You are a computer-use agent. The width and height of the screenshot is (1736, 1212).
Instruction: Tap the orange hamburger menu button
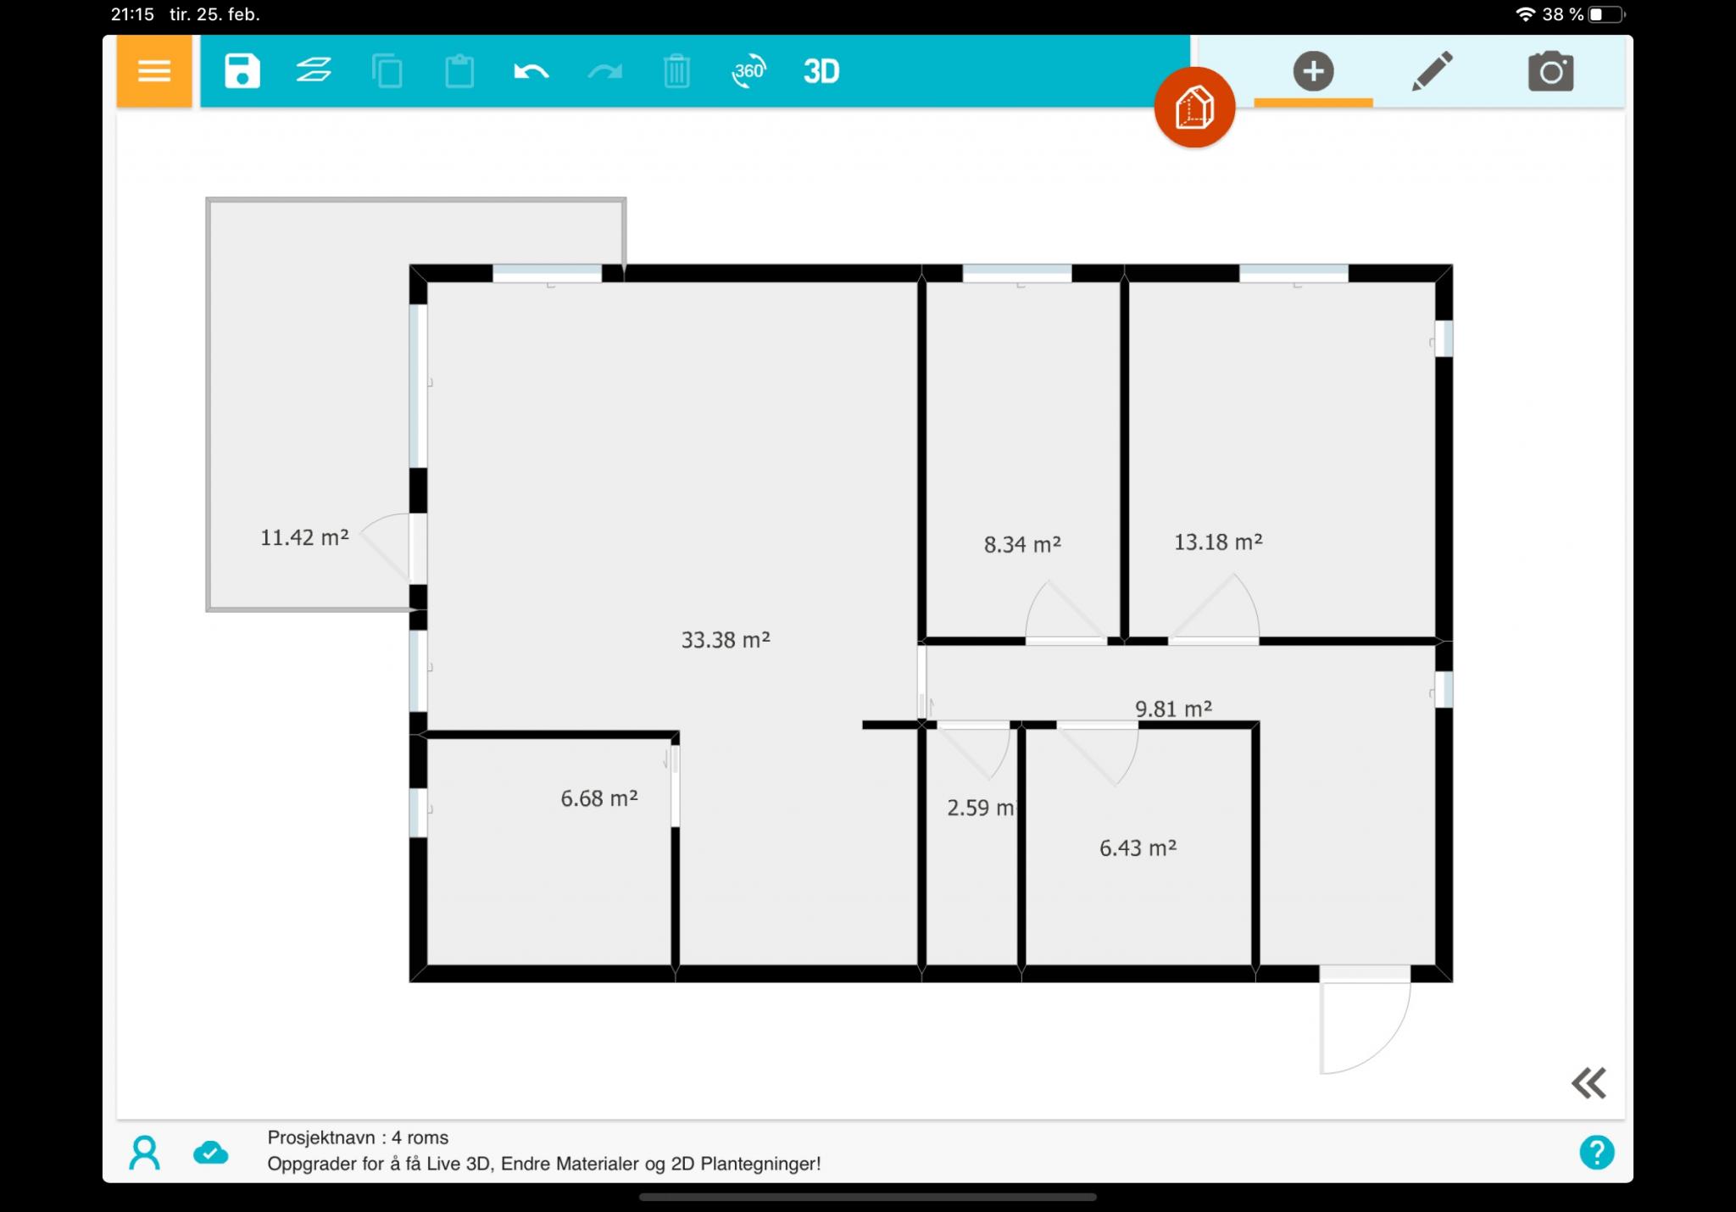(x=154, y=71)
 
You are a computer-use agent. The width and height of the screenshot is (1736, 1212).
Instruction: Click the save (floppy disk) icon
(x=242, y=71)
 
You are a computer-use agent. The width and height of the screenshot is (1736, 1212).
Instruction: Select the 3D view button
(x=821, y=72)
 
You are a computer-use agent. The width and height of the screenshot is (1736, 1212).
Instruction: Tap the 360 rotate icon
(x=748, y=72)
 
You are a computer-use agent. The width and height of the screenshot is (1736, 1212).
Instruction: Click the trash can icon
(x=676, y=71)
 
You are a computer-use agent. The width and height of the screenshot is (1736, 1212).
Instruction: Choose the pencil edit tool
(x=1433, y=71)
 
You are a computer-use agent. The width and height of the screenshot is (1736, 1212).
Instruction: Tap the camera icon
(x=1551, y=71)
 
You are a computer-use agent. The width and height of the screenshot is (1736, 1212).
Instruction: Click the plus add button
(x=1314, y=71)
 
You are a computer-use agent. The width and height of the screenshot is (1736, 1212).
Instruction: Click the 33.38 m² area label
(x=726, y=640)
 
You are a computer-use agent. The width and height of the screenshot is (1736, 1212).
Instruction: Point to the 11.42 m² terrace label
(x=304, y=537)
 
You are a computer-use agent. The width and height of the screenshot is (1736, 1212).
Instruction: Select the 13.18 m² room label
(x=1218, y=542)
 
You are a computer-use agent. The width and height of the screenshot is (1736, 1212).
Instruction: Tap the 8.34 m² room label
(x=1022, y=544)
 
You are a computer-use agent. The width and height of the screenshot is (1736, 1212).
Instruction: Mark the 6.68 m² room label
(x=599, y=798)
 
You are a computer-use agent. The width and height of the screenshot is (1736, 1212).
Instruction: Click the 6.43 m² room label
(x=1138, y=848)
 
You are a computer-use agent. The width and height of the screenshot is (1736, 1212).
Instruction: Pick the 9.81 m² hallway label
(x=1173, y=709)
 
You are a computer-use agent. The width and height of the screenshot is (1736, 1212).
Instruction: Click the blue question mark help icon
(x=1597, y=1153)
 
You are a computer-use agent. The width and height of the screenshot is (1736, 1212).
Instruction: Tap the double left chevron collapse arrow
(x=1589, y=1083)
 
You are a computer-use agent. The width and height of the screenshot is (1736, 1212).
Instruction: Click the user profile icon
(x=144, y=1153)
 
